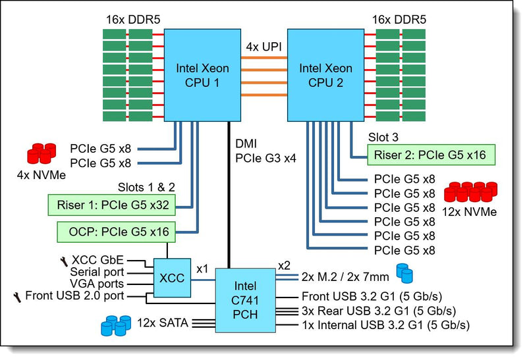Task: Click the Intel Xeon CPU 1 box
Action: tap(202, 75)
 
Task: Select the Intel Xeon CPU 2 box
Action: tap(325, 75)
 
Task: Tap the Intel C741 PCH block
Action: tap(245, 300)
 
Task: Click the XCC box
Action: tap(172, 278)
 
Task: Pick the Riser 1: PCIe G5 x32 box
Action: tap(111, 205)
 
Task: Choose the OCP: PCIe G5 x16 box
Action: tap(117, 232)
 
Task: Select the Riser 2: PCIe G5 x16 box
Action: tap(431, 155)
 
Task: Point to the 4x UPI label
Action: tap(264, 47)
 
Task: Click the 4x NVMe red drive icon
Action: tap(42, 153)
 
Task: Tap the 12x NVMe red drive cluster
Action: tap(470, 192)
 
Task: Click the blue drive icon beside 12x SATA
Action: tap(116, 325)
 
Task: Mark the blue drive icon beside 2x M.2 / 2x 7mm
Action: tap(404, 273)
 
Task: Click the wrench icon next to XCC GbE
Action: tap(64, 261)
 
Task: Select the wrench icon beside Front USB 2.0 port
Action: tap(17, 297)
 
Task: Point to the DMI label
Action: tap(246, 143)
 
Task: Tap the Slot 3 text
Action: tap(383, 137)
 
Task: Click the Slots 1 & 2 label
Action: tap(146, 187)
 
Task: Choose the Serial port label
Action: tap(97, 272)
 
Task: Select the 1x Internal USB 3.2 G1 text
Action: tap(386, 325)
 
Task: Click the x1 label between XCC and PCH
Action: tap(202, 269)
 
